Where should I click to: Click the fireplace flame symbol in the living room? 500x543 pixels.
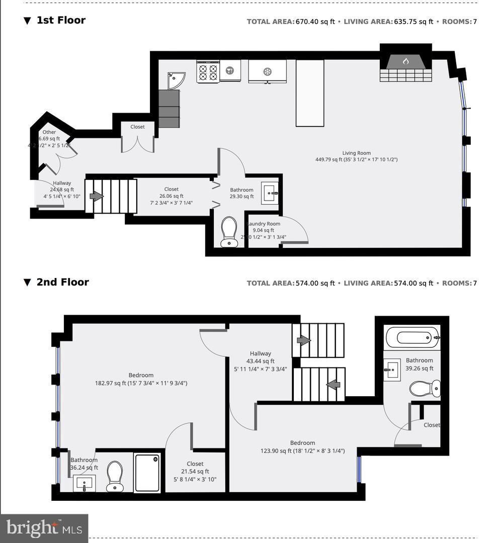coord(405,61)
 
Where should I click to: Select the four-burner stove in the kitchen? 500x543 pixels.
coord(208,71)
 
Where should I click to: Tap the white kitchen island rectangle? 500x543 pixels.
coord(309,93)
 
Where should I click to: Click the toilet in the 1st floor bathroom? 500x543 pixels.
coord(229,232)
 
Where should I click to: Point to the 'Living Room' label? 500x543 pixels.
coord(356,153)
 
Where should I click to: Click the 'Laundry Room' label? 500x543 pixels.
coord(264,224)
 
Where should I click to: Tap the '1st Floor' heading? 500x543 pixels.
coord(61,20)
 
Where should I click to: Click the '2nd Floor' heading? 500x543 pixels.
coord(62,282)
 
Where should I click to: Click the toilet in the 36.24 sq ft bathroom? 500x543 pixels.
coord(115,476)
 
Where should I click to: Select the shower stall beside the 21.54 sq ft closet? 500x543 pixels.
coord(147,473)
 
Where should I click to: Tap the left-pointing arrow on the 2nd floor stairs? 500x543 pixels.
coord(332,384)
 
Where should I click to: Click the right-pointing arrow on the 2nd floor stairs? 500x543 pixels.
coord(304,340)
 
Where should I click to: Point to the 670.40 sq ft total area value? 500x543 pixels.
coord(315,22)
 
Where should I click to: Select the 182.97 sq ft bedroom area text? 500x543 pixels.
coord(141,383)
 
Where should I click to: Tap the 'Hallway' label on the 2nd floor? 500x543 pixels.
coord(260,353)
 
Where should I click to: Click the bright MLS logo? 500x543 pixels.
coord(44,528)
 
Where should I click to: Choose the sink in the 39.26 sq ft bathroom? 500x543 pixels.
coord(392,370)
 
